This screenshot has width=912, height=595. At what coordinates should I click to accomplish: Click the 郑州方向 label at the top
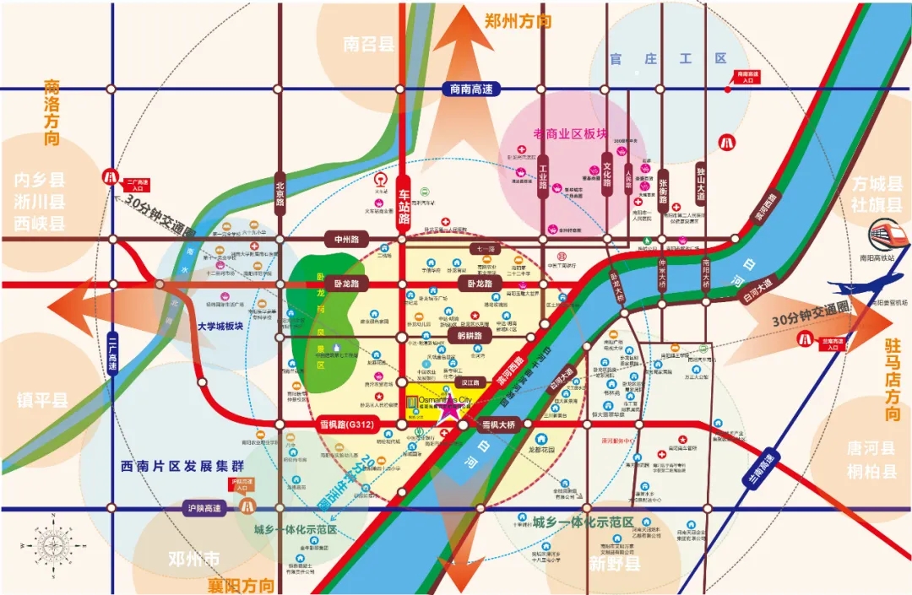coord(518,21)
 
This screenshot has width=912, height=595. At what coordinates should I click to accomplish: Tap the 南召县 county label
coord(369,44)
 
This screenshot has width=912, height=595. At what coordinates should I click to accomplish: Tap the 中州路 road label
coord(346,239)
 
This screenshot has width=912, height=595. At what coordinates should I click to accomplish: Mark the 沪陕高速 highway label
coord(204,508)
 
